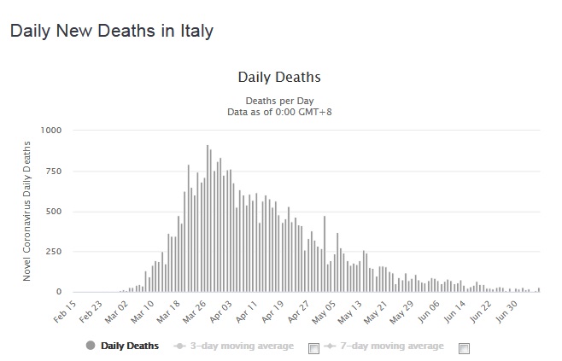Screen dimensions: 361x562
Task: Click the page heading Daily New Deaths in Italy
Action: [x=111, y=32]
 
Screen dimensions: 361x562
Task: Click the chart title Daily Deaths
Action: [x=279, y=78]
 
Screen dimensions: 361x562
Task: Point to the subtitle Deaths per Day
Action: [x=279, y=101]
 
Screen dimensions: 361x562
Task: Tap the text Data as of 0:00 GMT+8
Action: [x=279, y=111]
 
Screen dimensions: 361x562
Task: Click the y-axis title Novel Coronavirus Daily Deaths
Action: [x=27, y=212]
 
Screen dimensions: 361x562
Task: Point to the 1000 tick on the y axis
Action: [x=51, y=131]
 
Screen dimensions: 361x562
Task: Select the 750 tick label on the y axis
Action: [x=54, y=172]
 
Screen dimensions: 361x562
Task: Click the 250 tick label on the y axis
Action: [x=54, y=252]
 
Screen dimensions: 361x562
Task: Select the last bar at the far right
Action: [x=539, y=290]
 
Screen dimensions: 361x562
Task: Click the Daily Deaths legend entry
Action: [x=128, y=346]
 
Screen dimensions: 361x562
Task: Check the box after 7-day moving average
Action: [x=464, y=347]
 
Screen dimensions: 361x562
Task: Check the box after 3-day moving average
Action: [x=313, y=347]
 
